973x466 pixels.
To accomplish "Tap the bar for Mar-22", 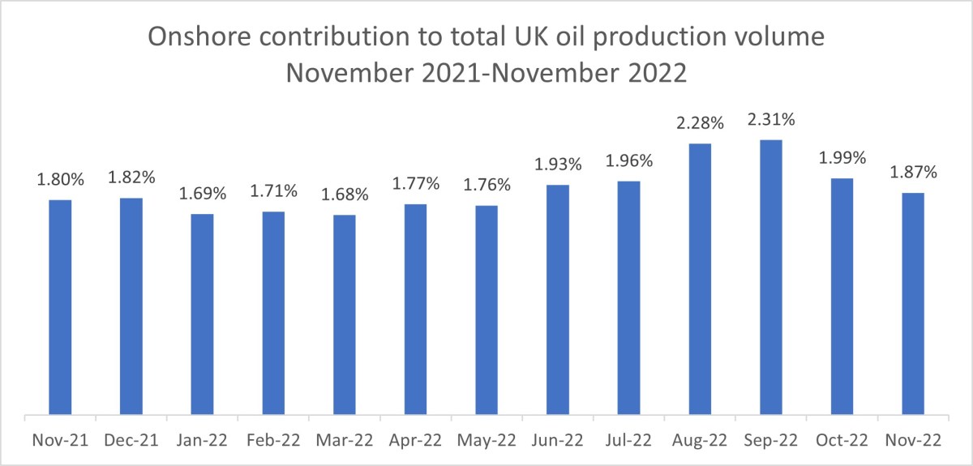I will [x=345, y=315].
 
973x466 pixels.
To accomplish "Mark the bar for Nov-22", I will [x=913, y=305].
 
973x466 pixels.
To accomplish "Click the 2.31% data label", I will [x=771, y=121].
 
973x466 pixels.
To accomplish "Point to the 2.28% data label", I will [x=700, y=125].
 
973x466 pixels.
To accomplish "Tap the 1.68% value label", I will [x=345, y=195].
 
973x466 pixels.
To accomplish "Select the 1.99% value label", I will [x=842, y=159].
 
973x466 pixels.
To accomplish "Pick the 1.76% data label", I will [x=487, y=186].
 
